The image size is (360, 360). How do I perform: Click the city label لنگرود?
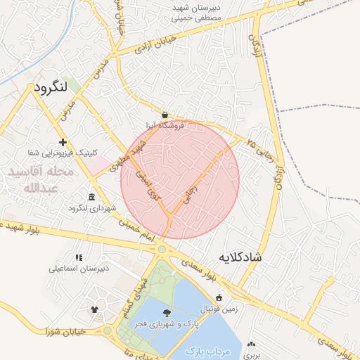(x=49, y=88)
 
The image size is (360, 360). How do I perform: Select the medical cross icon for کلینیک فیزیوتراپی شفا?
(x=63, y=142)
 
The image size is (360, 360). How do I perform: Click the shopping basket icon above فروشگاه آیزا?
(x=165, y=114)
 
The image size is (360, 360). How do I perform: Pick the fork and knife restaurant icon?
(x=78, y=257)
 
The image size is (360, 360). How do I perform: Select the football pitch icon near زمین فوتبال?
(x=219, y=297)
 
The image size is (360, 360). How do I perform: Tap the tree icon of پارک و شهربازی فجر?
(x=167, y=314)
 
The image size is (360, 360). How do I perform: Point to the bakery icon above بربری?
(x=251, y=345)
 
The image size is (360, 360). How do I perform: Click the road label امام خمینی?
(x=134, y=226)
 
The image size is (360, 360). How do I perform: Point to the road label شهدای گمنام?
(x=137, y=291)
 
